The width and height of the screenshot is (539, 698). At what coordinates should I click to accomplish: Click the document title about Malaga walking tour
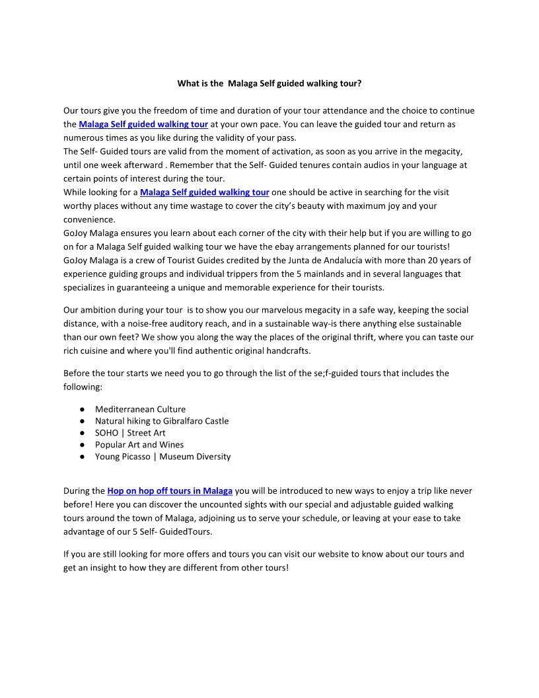pyautogui.click(x=269, y=84)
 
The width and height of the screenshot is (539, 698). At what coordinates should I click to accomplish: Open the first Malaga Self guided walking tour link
pyautogui.click(x=143, y=124)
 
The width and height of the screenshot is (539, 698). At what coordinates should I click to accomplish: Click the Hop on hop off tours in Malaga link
pyautogui.click(x=170, y=491)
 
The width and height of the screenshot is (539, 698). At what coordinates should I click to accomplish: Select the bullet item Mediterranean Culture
pyautogui.click(x=140, y=409)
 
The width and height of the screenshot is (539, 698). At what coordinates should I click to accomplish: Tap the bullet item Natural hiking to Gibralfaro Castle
pyautogui.click(x=162, y=421)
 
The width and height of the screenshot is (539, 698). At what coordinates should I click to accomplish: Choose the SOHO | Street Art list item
pyautogui.click(x=130, y=433)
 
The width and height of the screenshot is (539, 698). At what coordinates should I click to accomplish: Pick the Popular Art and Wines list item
pyautogui.click(x=139, y=445)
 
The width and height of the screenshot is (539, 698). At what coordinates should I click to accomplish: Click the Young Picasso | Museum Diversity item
pyautogui.click(x=162, y=457)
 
